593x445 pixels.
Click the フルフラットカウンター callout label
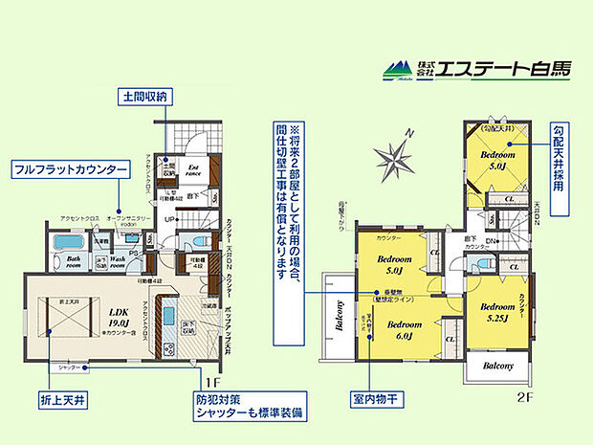pyautogui.click(x=70, y=169)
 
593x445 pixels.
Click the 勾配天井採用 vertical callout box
pyautogui.click(x=558, y=158)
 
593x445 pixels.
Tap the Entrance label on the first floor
pyautogui.click(x=194, y=168)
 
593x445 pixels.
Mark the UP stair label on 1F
pyautogui.click(x=169, y=219)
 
